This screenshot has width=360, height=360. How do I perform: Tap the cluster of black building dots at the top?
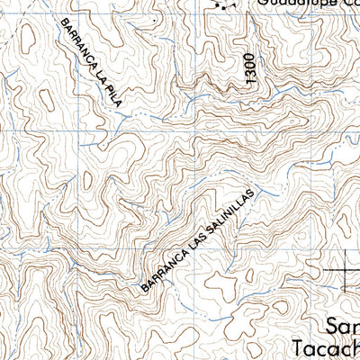tap(223, 4)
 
